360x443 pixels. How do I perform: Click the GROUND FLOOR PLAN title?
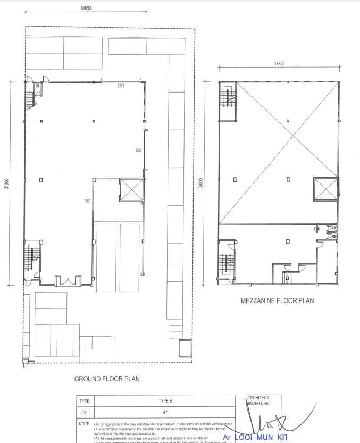click(x=107, y=379)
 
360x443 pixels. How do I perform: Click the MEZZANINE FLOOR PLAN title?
click(x=278, y=300)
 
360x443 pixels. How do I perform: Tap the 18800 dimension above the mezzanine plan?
click(x=280, y=63)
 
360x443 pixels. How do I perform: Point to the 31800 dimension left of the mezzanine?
click(x=200, y=183)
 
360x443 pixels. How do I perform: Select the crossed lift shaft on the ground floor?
click(x=132, y=190)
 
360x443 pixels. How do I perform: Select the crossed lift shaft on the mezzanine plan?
click(x=326, y=190)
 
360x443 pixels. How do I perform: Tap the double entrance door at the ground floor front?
click(x=68, y=280)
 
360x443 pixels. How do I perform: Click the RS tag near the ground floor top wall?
click(x=121, y=85)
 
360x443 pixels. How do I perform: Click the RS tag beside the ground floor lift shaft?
click(x=87, y=201)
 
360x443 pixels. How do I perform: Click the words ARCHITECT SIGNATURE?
click(x=258, y=400)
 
